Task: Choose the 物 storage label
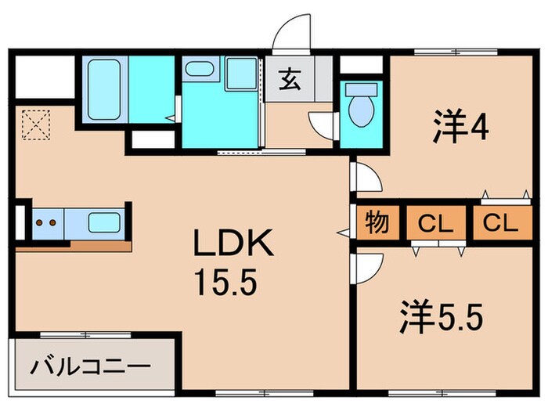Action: [x=377, y=224]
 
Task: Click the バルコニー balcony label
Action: [x=91, y=366]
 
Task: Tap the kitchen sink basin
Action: [x=103, y=222]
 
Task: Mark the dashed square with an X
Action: [x=35, y=124]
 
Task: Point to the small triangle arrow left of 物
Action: [x=341, y=232]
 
